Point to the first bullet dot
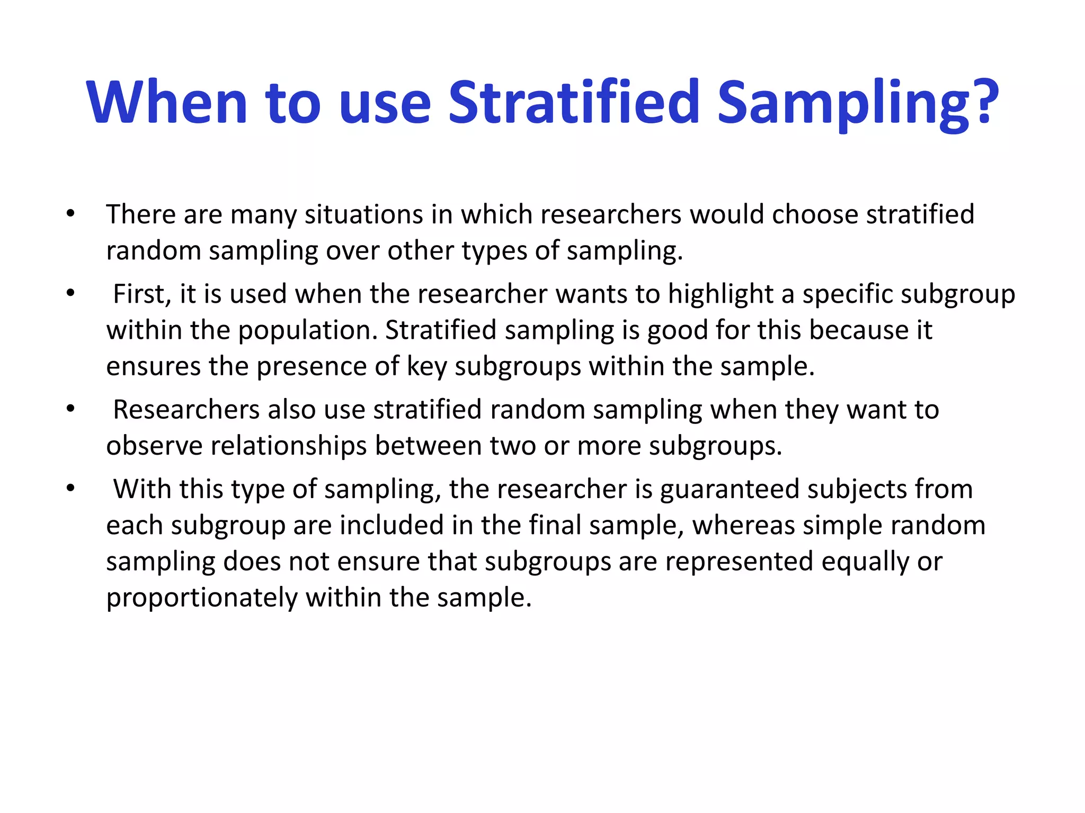pos(70,214)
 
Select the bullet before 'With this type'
pos(70,489)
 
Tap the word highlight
pos(721,294)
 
